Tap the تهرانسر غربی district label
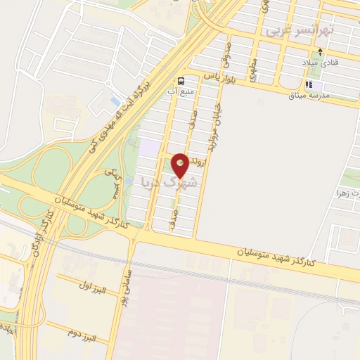point(310,30)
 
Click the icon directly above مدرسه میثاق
point(308,84)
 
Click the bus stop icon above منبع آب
point(181,79)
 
